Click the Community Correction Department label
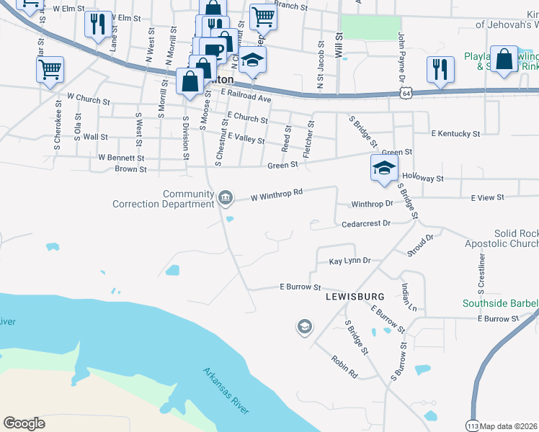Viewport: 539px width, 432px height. tap(163, 199)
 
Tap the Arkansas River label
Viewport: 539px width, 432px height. tap(226, 391)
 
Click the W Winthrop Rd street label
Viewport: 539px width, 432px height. tap(276, 194)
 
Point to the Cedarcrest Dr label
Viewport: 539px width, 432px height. tap(365, 223)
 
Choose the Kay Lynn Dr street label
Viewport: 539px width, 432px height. tap(349, 261)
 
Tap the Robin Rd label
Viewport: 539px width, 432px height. tap(344, 366)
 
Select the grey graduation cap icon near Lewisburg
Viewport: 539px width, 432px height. tap(304, 328)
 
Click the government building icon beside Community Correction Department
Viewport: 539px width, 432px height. tap(225, 197)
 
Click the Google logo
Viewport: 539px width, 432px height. tap(24, 423)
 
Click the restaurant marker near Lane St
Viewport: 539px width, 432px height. tap(96, 24)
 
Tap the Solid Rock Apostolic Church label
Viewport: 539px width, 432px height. tap(515, 239)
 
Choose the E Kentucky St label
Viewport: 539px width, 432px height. tap(455, 133)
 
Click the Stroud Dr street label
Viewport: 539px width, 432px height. tap(421, 245)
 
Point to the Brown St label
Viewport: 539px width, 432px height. tap(130, 169)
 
